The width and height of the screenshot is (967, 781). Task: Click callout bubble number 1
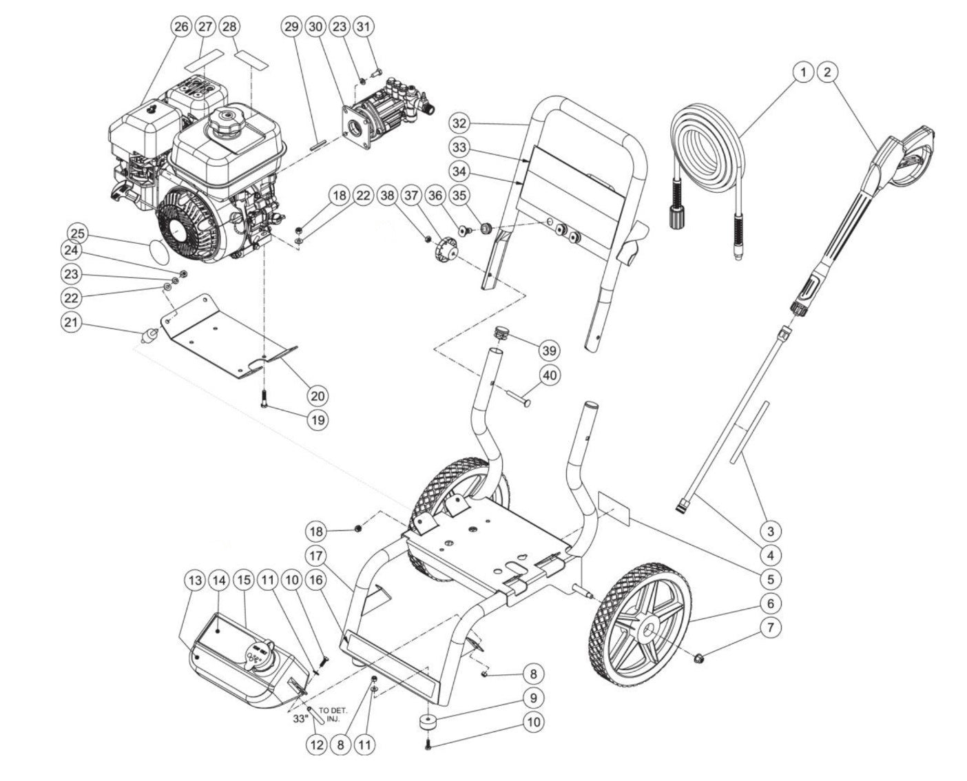coord(802,71)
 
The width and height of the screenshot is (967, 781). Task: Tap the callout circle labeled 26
coord(180,27)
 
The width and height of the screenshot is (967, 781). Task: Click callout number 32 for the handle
coord(460,123)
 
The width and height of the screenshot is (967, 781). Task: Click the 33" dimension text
coord(298,718)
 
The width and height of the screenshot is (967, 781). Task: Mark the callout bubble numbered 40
coord(550,375)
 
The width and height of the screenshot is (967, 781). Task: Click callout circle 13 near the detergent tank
coord(196,581)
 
